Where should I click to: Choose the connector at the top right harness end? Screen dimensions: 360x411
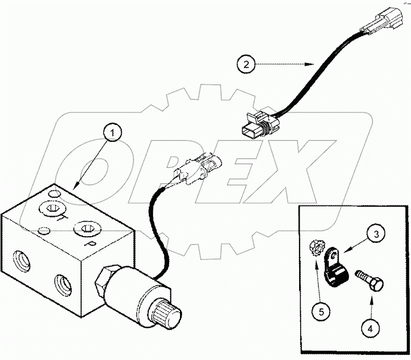384,21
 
